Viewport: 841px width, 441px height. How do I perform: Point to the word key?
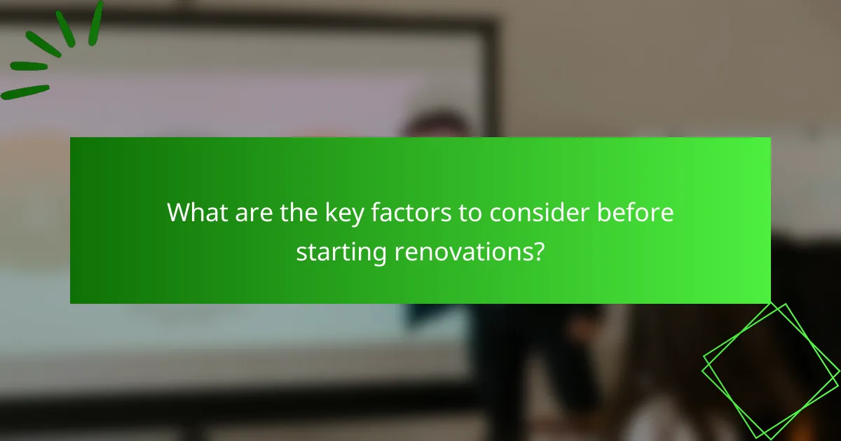(x=321, y=213)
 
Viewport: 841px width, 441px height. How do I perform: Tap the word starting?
(x=337, y=251)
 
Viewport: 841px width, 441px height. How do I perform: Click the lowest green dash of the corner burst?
(x=25, y=92)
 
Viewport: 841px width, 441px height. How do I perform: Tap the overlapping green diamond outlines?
(x=770, y=370)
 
